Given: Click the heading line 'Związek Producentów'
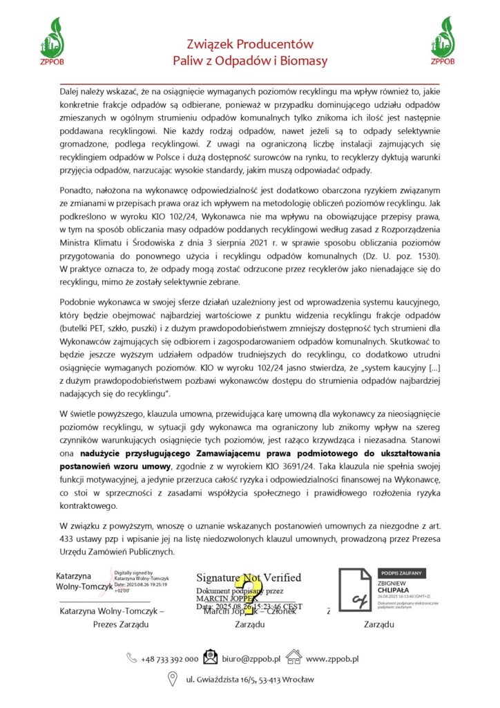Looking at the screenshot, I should click(250, 45).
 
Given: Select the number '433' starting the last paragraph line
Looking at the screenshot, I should click(68, 539).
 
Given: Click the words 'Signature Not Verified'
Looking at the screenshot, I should click(249, 577).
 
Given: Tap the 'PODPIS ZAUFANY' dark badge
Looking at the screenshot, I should click(403, 573).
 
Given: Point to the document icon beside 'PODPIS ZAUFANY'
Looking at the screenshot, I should click(356, 590).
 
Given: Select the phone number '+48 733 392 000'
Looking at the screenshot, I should click(169, 659).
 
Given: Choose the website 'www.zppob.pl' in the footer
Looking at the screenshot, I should click(332, 659).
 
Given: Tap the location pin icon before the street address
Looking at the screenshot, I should click(173, 680).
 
